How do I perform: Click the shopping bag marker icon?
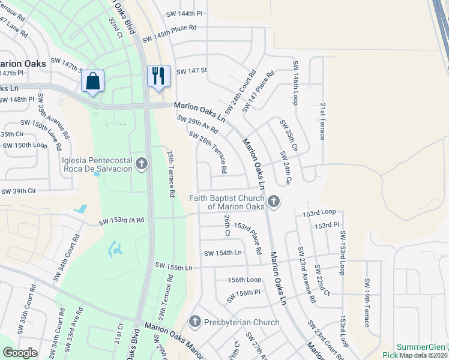(93, 81)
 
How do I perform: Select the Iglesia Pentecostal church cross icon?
(142, 164)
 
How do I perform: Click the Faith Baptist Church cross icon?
(274, 201)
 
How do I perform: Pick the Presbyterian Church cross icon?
(194, 322)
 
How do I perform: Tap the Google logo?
(20, 353)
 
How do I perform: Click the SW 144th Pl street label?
(185, 13)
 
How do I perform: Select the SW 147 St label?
(191, 71)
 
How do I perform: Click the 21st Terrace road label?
(322, 121)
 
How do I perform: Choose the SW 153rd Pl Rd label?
(122, 221)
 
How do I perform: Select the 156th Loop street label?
(244, 280)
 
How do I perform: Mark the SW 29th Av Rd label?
(197, 125)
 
